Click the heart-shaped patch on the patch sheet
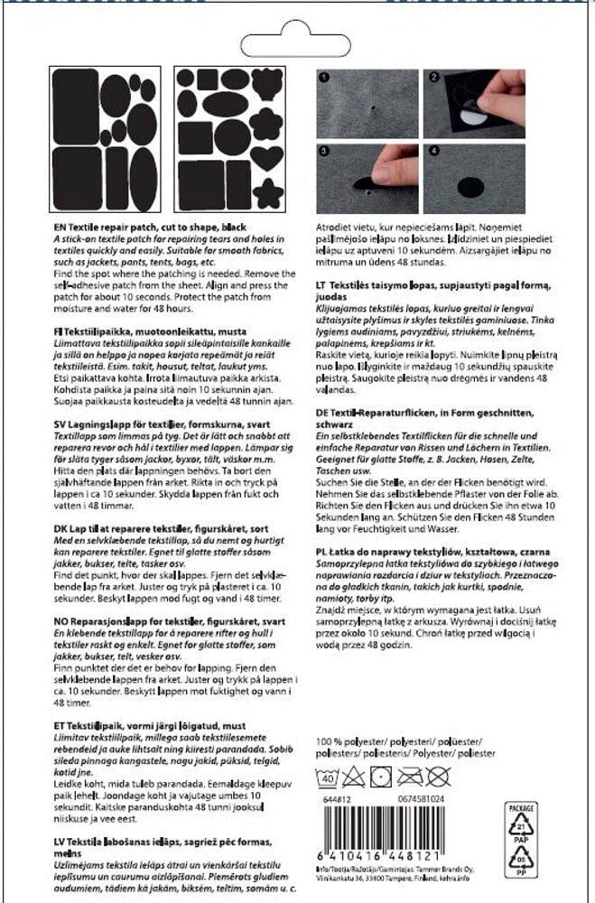point(267,159)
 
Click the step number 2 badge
point(433,78)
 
